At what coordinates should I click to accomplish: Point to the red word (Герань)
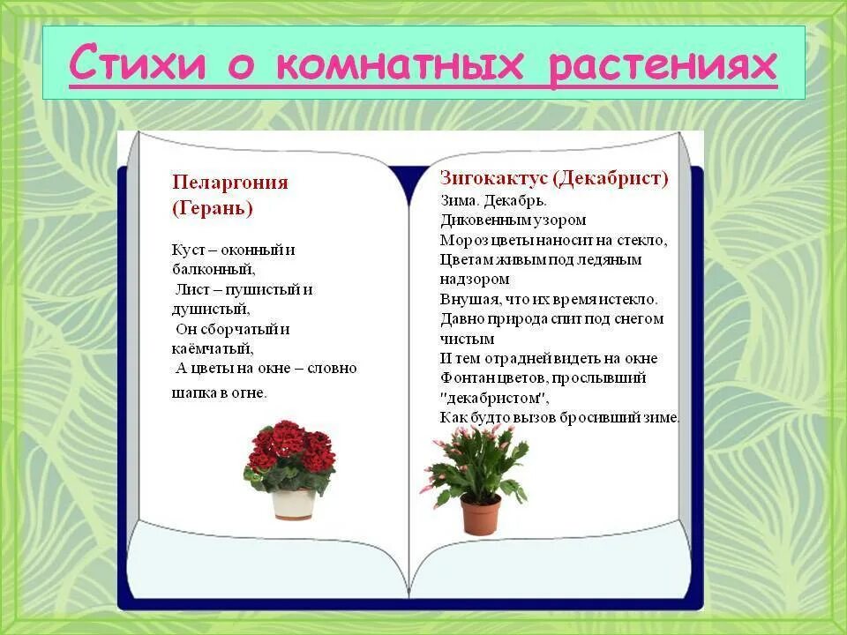[x=212, y=208]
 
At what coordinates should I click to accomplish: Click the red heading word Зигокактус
[x=494, y=178]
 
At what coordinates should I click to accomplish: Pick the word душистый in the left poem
[x=210, y=309]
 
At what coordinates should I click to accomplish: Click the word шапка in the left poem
[x=193, y=392]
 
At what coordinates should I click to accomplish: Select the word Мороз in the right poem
[x=461, y=240]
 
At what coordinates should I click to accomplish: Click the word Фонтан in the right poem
[x=465, y=377]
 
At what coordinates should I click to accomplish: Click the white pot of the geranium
[x=293, y=504]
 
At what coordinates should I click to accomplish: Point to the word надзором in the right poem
[x=475, y=280]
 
